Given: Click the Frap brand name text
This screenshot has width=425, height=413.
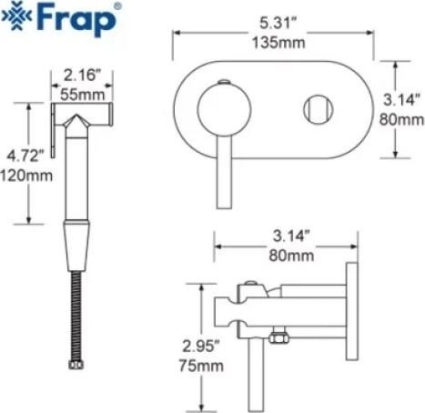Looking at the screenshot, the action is pyautogui.click(x=76, y=19).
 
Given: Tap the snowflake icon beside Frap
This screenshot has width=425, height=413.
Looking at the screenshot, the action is pyautogui.click(x=17, y=16).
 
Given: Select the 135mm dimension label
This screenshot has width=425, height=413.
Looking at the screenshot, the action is pyautogui.click(x=278, y=43).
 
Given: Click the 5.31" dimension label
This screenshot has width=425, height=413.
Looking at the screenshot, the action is pyautogui.click(x=278, y=24).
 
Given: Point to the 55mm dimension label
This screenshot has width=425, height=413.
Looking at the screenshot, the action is pyautogui.click(x=83, y=95).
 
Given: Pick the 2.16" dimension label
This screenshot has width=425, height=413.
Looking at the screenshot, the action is pyautogui.click(x=82, y=76).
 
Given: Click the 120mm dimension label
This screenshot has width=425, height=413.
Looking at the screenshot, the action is pyautogui.click(x=26, y=176).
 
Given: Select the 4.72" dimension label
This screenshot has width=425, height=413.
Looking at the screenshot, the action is pyautogui.click(x=25, y=156).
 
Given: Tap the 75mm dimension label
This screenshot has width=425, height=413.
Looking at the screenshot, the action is pyautogui.click(x=201, y=366).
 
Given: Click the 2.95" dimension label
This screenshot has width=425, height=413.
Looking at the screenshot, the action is pyautogui.click(x=201, y=346).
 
